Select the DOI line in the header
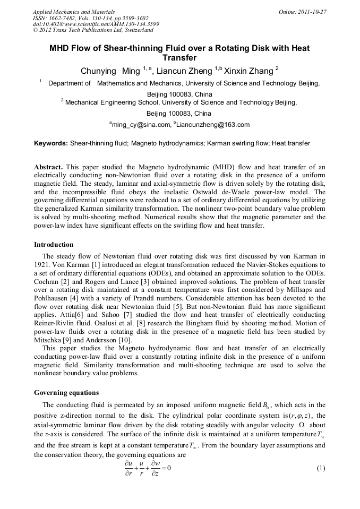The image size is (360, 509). click(96, 24)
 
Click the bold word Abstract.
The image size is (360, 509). click(49, 167)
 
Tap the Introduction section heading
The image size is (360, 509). click(54, 245)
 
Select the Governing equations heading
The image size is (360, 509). click(66, 393)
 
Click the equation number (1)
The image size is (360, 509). click(320, 468)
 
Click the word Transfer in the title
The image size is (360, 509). click(179, 58)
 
